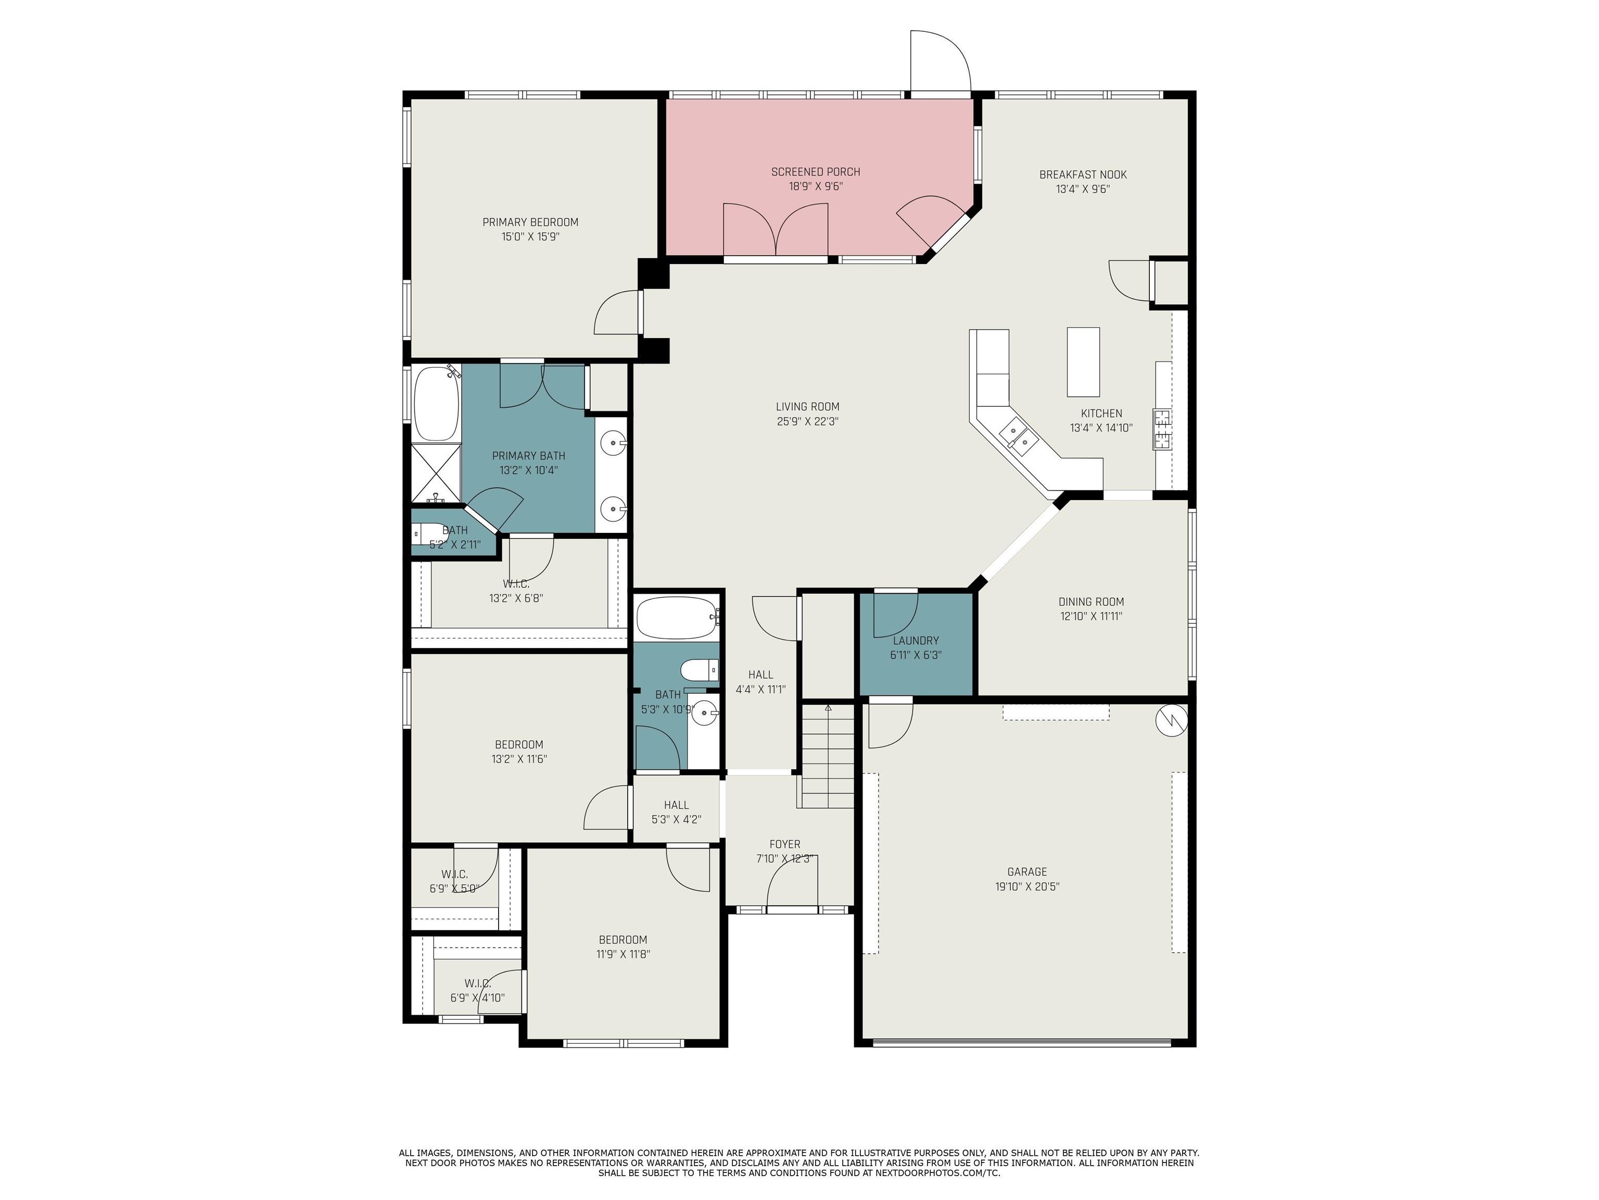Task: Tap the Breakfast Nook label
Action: (1083, 174)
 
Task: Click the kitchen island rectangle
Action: (1084, 361)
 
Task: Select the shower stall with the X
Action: (436, 473)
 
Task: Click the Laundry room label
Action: (916, 641)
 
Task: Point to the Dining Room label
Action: (1091, 602)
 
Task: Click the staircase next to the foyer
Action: (827, 757)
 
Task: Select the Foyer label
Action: (784, 844)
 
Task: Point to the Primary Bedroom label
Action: (530, 222)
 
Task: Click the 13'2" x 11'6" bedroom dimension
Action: (519, 759)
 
